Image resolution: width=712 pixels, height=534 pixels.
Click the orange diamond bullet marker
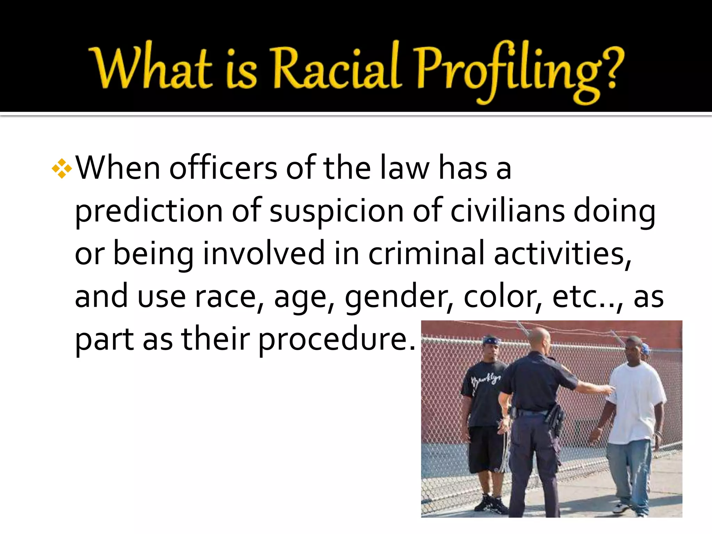point(62,169)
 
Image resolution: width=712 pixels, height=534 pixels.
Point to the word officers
point(223,169)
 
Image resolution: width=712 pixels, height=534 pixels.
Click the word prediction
point(149,212)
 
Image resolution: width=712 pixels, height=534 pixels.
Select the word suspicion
point(337,212)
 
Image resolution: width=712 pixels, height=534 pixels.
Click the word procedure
point(337,340)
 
